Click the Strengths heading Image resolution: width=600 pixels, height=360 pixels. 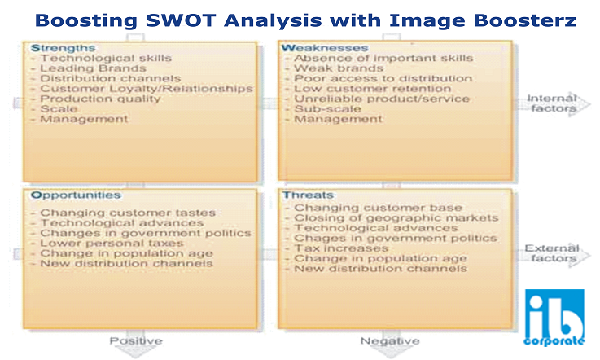64,48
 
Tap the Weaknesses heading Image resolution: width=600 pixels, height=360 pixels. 325,48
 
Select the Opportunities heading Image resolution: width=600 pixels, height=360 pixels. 76,195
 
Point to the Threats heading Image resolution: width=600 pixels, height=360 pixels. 308,195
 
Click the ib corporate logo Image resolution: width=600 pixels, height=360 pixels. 554,318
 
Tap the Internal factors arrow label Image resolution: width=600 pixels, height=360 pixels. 552,103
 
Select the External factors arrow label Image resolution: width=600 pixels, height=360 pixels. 551,253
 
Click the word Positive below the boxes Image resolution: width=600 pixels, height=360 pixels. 136,340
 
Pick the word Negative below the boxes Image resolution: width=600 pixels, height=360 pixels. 390,340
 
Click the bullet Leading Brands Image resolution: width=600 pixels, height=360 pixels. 93,68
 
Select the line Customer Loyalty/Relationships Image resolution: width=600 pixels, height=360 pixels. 147,89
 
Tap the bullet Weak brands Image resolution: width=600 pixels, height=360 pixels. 339,68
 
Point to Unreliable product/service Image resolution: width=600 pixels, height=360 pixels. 382,99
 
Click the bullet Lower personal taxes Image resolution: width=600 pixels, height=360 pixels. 112,244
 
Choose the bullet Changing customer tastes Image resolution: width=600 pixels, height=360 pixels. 128,213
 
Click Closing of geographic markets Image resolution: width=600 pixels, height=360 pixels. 396,218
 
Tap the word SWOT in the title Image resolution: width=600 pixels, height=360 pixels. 181,20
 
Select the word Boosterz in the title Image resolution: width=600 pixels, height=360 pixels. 524,20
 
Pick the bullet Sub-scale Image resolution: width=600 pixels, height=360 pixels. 327,109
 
